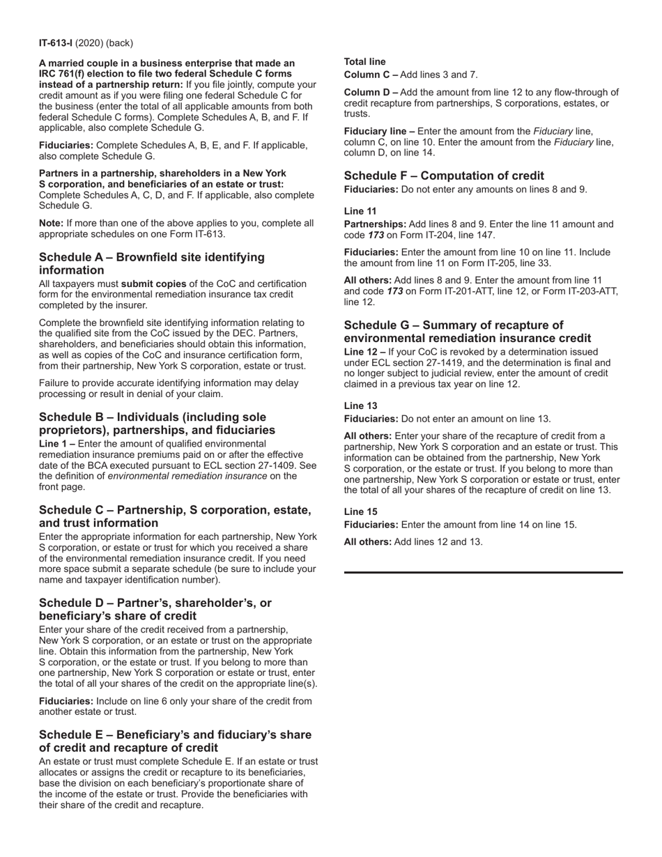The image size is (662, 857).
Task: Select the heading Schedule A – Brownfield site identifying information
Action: click(x=151, y=263)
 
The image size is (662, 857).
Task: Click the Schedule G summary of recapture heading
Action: click(x=467, y=332)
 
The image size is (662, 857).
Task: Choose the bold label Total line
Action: click(x=364, y=62)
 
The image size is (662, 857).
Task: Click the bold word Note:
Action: click(x=51, y=223)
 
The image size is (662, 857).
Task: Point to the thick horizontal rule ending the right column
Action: click(x=483, y=572)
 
